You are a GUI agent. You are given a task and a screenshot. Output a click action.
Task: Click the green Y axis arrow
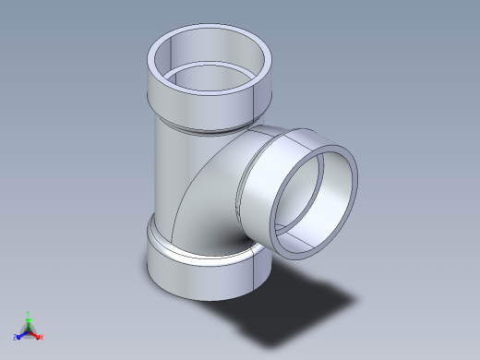coord(29,320)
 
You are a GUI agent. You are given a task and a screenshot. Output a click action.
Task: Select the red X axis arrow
coord(36,334)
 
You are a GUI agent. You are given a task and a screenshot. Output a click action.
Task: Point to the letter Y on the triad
coord(29,314)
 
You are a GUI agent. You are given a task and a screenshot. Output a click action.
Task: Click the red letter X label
coord(42,337)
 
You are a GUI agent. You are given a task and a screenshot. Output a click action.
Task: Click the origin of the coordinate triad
coord(29,330)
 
